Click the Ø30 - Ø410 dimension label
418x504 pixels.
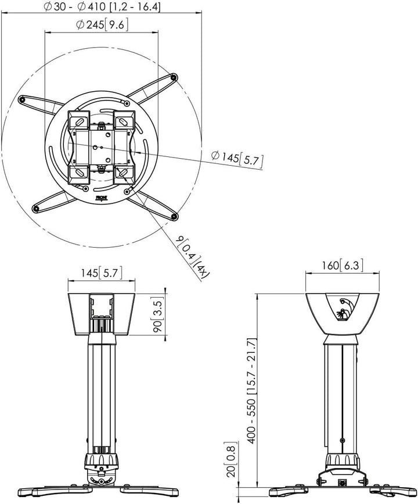[102, 7]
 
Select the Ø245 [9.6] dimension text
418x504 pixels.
[102, 25]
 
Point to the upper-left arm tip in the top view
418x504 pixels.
[22, 99]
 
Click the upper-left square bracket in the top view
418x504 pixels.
[77, 121]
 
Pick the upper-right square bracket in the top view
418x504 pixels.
[122, 121]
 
